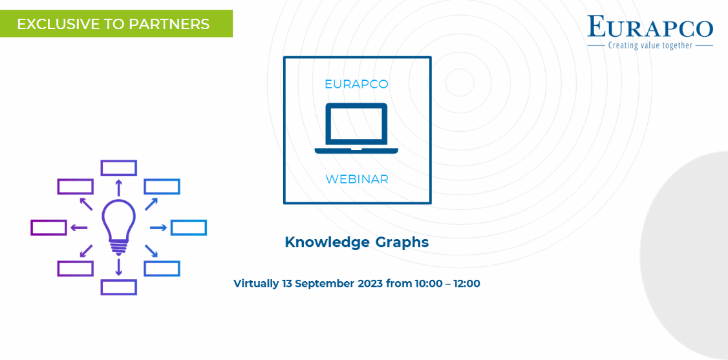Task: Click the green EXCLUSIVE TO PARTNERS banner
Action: point(116,23)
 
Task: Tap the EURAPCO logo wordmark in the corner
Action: point(650,26)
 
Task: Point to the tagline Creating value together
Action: point(650,45)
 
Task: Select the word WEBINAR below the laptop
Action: point(357,180)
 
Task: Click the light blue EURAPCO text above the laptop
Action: point(356,85)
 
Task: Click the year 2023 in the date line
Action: point(370,284)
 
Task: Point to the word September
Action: point(325,284)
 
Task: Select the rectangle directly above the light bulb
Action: point(119,168)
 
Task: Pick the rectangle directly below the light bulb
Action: point(119,287)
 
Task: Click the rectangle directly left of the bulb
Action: point(48,228)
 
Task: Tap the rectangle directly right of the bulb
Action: point(189,228)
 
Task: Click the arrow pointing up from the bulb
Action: point(119,188)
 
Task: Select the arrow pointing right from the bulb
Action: point(158,228)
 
